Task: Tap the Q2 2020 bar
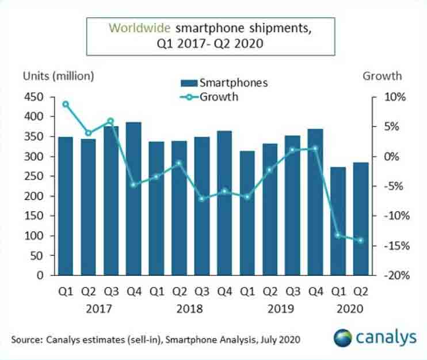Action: click(x=361, y=219)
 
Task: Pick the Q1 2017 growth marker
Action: click(x=66, y=104)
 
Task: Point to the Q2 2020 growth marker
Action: click(x=361, y=240)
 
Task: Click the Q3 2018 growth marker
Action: click(x=202, y=199)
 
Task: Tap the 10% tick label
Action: click(x=396, y=97)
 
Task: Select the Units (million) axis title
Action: click(x=58, y=76)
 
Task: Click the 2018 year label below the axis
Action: click(x=190, y=309)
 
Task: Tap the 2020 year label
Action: click(x=349, y=309)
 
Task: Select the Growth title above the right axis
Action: click(x=382, y=76)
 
